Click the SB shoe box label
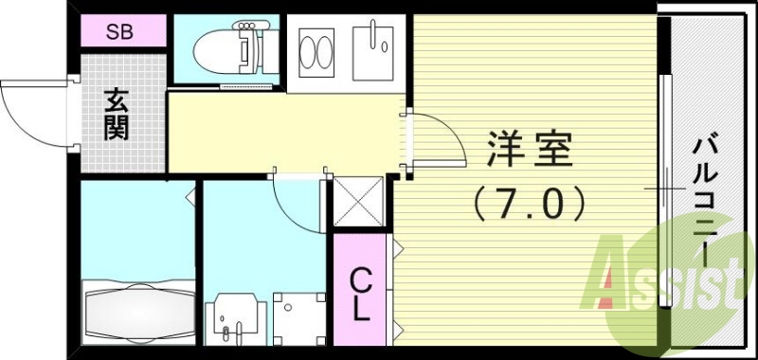pyautogui.click(x=119, y=32)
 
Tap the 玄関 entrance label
pyautogui.click(x=116, y=115)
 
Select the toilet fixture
pyautogui.click(x=227, y=47)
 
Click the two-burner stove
pyautogui.click(x=316, y=52)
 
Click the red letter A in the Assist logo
pyautogui.click(x=614, y=280)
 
